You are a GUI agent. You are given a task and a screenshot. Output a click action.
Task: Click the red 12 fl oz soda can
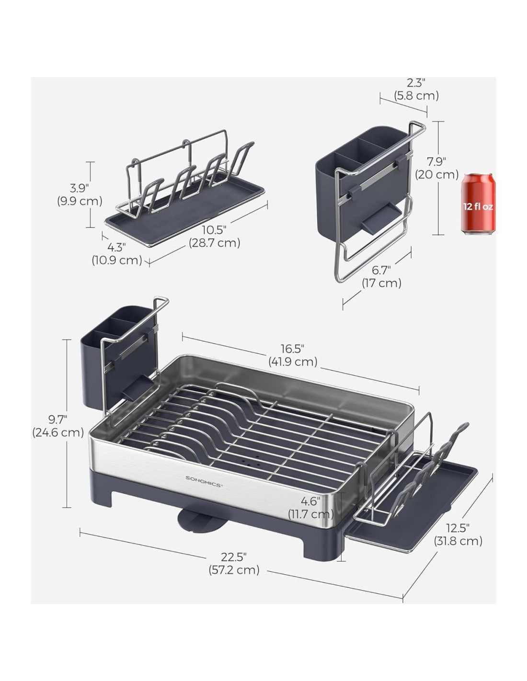pos(478,204)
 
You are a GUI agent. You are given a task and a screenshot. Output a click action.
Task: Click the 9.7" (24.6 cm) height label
pos(58,426)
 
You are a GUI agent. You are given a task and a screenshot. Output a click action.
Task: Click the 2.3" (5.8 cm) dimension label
pos(416,90)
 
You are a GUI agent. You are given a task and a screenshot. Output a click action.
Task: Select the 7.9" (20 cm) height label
pos(437,168)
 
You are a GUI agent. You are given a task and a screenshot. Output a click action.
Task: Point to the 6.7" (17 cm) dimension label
pos(381,277)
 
